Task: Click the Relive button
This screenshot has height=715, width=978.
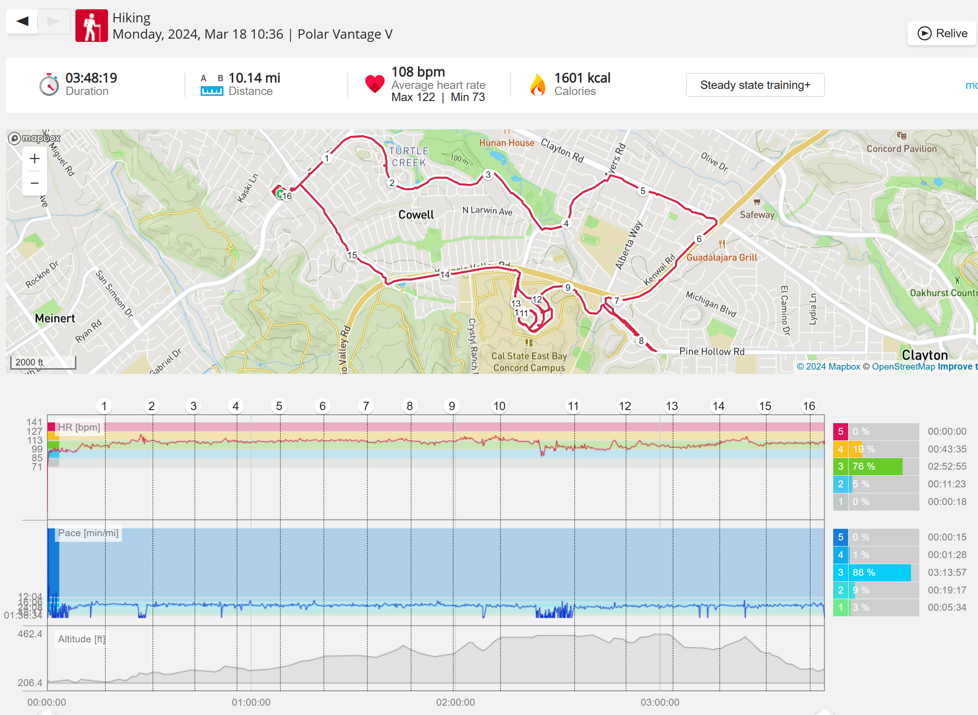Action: (x=942, y=34)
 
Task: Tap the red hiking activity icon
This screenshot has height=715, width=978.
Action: (x=92, y=26)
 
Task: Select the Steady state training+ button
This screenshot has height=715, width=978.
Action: (x=755, y=85)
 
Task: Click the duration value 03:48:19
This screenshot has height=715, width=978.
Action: (x=91, y=78)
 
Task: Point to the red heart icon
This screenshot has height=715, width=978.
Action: (x=375, y=84)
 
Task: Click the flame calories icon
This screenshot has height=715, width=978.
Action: (x=538, y=85)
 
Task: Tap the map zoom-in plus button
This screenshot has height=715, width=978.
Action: (x=34, y=159)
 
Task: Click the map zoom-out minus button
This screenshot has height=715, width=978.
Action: (x=34, y=183)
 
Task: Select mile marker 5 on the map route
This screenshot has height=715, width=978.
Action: (x=643, y=191)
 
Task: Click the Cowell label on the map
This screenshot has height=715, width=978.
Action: (x=416, y=215)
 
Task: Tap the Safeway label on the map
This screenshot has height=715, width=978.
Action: (x=757, y=215)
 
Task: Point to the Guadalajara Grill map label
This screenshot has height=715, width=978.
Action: (x=722, y=257)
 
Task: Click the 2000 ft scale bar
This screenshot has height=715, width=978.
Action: (x=43, y=363)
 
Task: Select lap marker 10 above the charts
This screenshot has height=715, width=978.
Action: (x=499, y=406)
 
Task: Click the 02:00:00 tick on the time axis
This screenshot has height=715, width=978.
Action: (x=455, y=702)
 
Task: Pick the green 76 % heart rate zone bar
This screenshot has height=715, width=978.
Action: (x=875, y=466)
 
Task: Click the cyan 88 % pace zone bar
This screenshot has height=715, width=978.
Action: (x=879, y=573)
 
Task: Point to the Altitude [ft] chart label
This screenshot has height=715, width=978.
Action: (x=81, y=639)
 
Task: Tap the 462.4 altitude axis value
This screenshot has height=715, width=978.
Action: (x=30, y=634)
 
